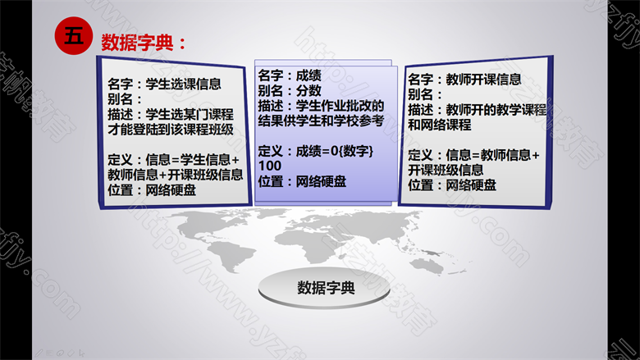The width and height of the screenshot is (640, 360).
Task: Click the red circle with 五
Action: point(74,36)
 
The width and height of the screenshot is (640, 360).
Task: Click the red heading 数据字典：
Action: point(144,43)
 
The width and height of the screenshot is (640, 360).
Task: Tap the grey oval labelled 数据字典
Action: point(324,288)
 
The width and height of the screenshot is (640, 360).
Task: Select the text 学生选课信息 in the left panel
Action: point(183,84)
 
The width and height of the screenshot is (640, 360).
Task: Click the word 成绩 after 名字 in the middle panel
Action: point(309,75)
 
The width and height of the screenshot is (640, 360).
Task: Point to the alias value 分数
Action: point(309,90)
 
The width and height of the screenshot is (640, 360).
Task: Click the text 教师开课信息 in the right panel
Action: point(483,79)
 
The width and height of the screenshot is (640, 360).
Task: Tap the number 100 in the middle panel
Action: point(270,166)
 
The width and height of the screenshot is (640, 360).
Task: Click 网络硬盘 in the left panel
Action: point(171,190)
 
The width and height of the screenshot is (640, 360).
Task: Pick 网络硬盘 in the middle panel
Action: point(321,181)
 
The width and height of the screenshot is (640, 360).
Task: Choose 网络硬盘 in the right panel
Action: point(471,185)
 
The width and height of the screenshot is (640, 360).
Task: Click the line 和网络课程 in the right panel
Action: point(440,125)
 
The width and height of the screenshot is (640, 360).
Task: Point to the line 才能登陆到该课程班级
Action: point(171,130)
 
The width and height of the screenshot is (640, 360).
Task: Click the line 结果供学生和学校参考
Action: point(321,121)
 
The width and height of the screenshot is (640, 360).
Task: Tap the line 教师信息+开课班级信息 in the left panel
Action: point(175,175)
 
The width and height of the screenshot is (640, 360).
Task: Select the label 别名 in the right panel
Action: point(420,94)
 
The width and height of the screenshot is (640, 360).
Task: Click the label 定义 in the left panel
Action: point(120,159)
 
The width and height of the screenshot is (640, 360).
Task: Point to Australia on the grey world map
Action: point(427,266)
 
